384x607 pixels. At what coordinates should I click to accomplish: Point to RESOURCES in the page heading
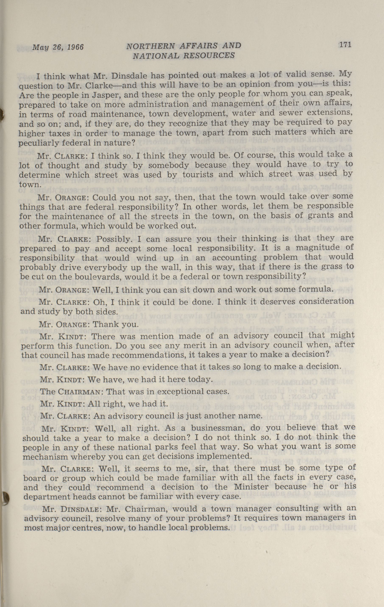(209, 55)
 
